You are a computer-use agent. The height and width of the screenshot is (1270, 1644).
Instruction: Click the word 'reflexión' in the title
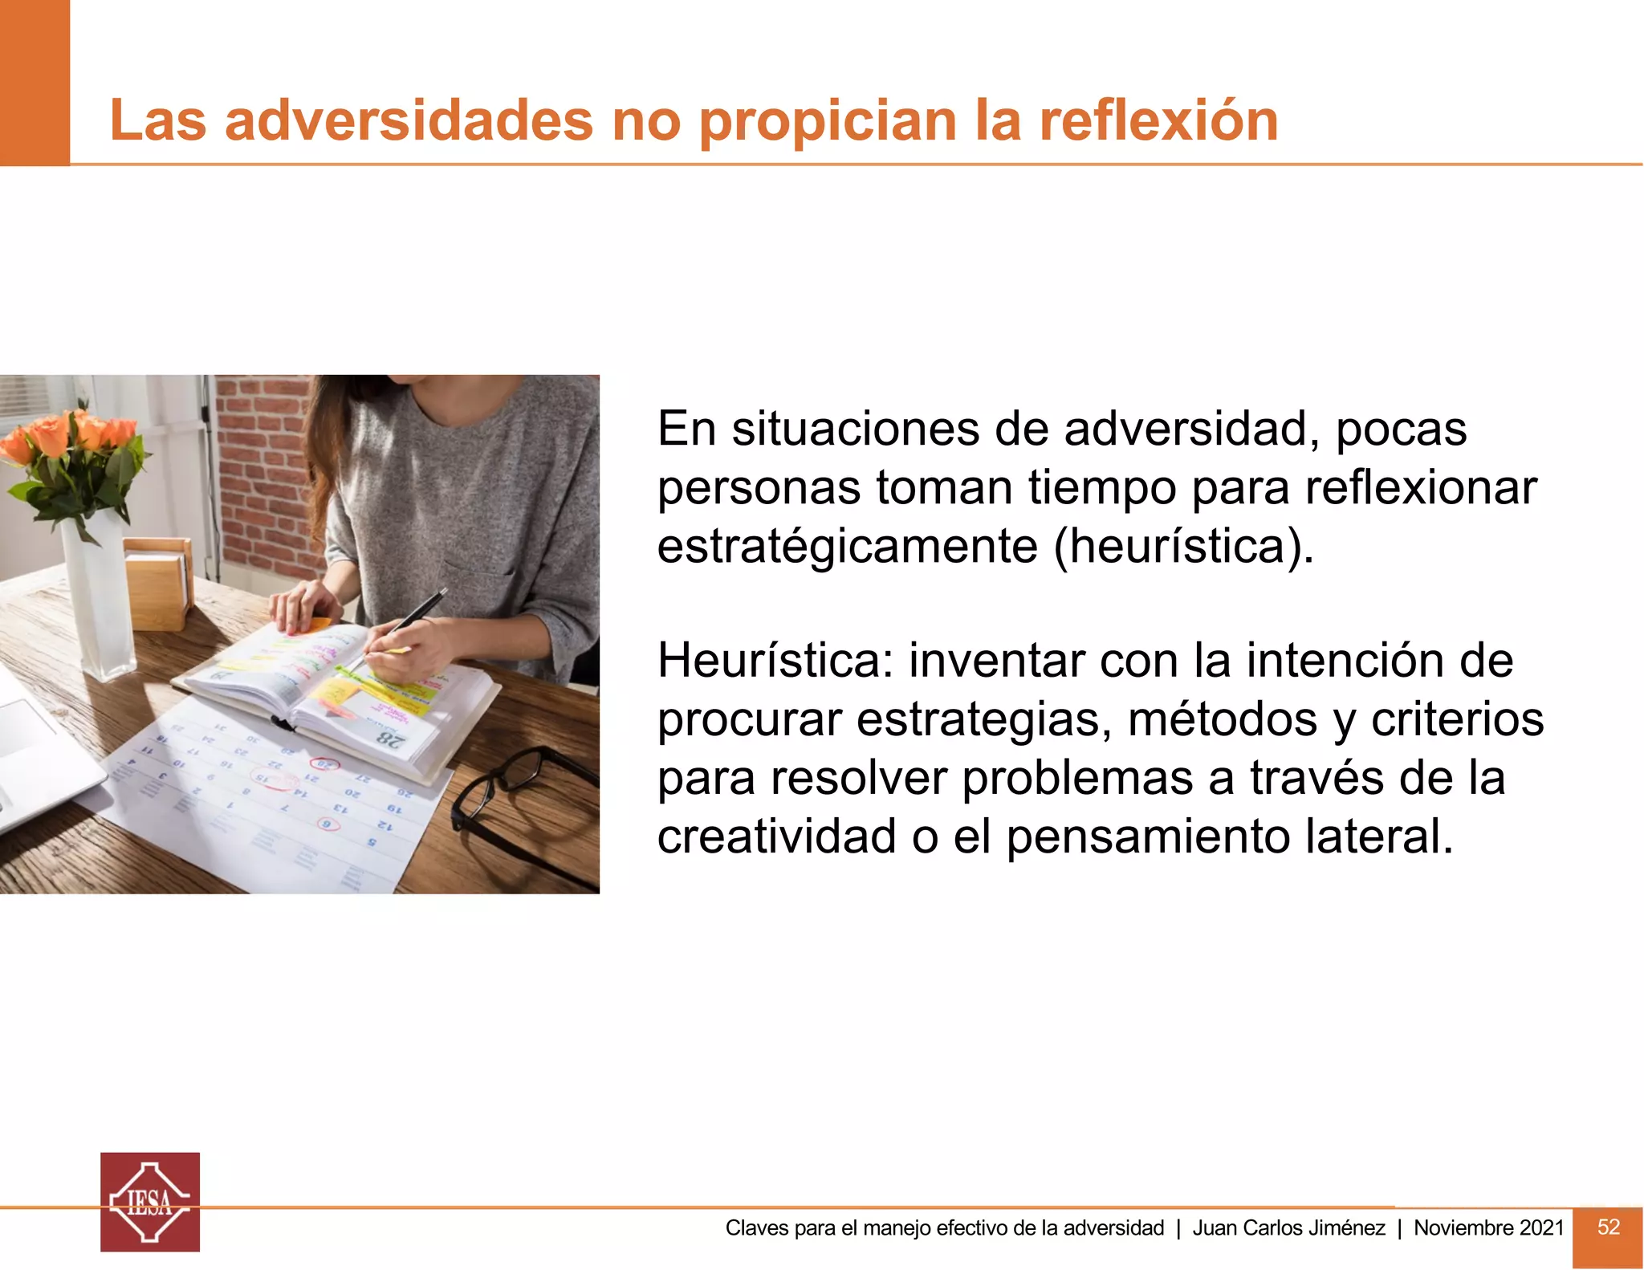tap(1158, 120)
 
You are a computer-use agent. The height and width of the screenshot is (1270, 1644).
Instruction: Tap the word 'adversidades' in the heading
tap(409, 120)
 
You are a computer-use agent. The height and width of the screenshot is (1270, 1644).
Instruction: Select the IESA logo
tap(150, 1202)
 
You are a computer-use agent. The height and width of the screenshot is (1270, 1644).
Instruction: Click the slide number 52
tap(1608, 1227)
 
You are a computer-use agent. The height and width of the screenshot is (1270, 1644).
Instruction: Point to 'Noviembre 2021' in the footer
tap(1488, 1227)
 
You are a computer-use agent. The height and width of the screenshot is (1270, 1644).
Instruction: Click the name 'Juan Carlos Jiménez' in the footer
tap(1288, 1227)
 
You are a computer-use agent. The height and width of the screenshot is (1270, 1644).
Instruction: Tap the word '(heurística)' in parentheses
tap(1183, 547)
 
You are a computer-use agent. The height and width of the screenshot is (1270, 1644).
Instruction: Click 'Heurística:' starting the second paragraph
tap(775, 661)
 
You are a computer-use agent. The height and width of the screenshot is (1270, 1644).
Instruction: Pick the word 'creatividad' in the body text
tap(776, 836)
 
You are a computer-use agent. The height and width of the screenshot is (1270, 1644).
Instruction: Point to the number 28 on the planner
tap(392, 739)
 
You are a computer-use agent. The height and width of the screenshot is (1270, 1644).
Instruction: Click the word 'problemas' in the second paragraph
tap(1078, 778)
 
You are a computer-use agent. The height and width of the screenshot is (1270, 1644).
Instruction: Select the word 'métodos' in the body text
tap(1222, 719)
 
